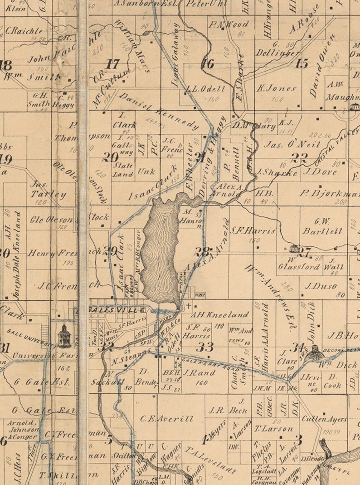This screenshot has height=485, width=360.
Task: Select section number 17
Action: (112, 64)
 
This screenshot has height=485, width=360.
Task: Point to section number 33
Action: (204, 348)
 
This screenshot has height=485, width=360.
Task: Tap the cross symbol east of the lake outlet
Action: (189, 306)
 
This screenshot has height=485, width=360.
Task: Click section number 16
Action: (207, 64)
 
